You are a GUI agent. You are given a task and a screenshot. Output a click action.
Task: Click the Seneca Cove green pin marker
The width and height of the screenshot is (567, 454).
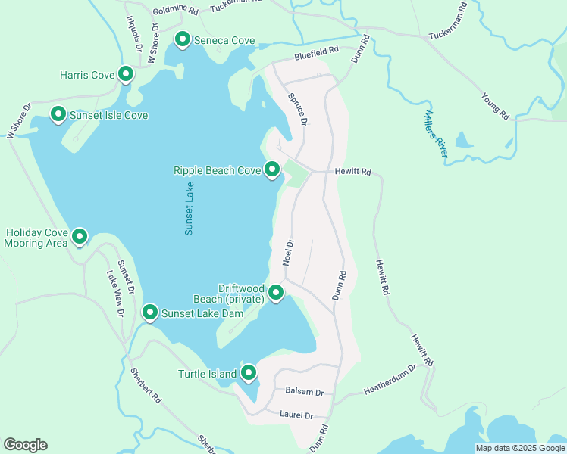coord(183,39)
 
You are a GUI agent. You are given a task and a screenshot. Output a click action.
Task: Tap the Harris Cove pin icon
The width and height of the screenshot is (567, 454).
coord(127,74)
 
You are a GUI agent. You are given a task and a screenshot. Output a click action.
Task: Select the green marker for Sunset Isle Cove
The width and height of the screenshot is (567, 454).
coord(58,114)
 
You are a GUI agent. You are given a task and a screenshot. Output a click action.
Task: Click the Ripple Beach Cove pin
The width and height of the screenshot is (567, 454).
coord(272,169)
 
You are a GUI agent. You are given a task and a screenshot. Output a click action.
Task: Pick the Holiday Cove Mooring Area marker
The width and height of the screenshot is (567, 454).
coord(80,238)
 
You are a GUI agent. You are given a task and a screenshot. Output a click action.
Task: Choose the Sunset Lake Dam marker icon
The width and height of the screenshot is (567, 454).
coord(150,312)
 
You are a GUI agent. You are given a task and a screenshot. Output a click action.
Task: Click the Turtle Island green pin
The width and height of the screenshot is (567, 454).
coord(249,372)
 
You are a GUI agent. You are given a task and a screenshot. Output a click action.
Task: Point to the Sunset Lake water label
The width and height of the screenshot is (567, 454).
coord(190,208)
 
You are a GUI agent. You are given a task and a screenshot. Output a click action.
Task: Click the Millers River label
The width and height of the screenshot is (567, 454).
coord(437,135)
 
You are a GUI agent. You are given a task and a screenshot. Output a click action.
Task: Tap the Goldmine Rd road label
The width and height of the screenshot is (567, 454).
coord(175,11)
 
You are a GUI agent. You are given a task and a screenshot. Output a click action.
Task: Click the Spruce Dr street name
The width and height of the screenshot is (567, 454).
coord(298,110)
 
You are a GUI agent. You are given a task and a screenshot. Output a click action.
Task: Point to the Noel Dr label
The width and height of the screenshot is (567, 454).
coord(287,251)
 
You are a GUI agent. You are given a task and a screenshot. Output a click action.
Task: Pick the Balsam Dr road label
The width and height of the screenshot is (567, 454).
coord(304,392)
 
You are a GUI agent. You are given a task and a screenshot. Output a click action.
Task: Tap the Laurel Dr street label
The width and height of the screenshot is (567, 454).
coord(296,415)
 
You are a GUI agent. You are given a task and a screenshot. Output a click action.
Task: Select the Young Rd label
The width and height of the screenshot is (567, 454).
coord(495,107)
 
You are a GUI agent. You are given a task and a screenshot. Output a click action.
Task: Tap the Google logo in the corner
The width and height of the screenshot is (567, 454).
coord(25,445)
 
